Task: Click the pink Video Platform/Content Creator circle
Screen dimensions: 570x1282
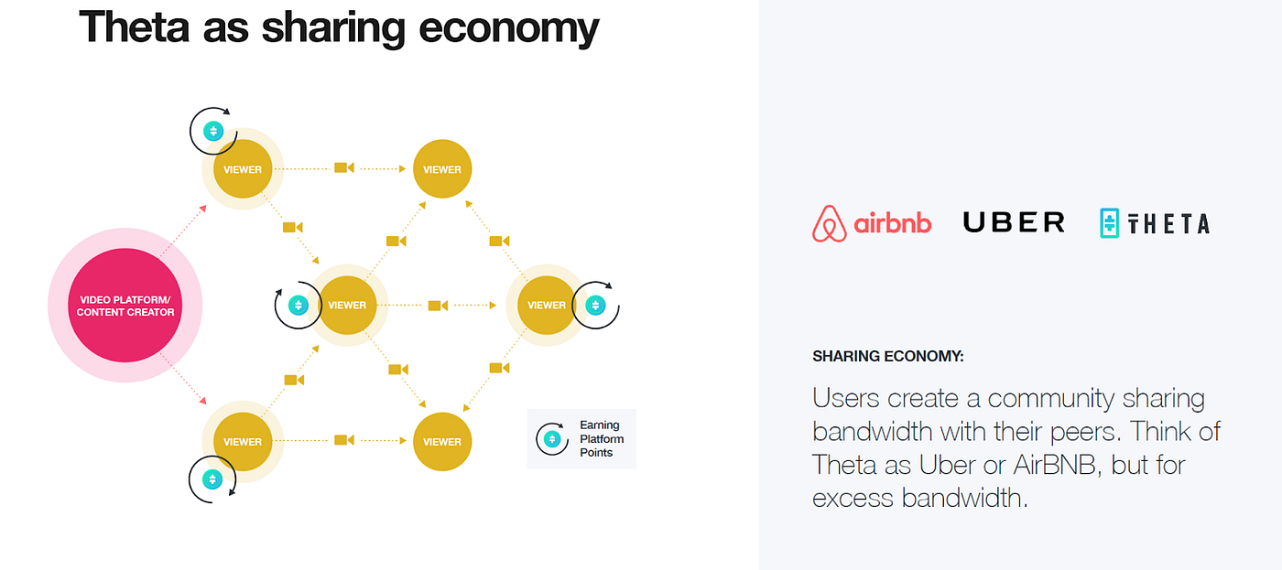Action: tap(125, 306)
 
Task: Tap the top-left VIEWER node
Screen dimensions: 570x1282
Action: tap(243, 169)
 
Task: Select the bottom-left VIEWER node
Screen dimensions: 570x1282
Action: tap(243, 441)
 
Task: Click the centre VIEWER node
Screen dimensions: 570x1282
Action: tap(347, 306)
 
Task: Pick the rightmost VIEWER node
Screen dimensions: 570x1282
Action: tap(547, 306)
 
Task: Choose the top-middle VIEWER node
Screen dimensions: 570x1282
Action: tap(442, 169)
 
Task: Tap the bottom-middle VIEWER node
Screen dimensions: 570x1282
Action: tap(442, 441)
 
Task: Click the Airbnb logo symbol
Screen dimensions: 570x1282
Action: tap(830, 223)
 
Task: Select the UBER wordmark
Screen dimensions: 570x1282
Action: tap(1014, 222)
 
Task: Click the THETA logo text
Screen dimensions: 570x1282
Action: tap(1168, 223)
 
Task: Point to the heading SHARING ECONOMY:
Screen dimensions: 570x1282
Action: tap(887, 357)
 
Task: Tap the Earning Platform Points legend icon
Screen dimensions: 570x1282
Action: tap(551, 439)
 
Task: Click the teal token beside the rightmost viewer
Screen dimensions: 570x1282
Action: tap(596, 306)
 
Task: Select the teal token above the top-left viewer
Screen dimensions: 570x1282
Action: tap(213, 131)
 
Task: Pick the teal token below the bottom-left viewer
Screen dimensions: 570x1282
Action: tap(212, 479)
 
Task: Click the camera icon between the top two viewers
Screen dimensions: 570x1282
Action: tap(343, 168)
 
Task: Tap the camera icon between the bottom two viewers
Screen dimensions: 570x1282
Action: tap(343, 440)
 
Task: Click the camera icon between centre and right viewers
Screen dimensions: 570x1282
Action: tap(438, 306)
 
